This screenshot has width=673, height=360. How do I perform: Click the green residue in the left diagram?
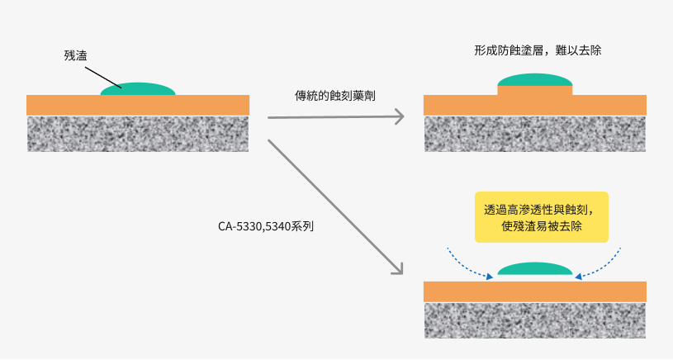click(138, 89)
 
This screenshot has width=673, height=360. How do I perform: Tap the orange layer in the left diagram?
click(138, 105)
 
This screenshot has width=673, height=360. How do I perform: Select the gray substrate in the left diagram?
click(138, 133)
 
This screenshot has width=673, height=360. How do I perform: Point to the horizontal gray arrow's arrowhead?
click(400, 116)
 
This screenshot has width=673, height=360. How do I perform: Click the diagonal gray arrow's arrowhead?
click(397, 268)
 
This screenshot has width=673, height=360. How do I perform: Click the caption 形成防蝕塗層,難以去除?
click(538, 50)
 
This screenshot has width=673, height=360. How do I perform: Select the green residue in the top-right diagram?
click(534, 80)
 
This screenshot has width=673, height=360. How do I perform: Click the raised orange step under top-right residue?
click(534, 91)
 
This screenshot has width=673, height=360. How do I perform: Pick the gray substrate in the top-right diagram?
click(534, 133)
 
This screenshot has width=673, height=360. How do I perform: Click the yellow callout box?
click(542, 217)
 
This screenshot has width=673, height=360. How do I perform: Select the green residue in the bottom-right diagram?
click(534, 269)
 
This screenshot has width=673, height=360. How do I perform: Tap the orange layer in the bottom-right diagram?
click(534, 291)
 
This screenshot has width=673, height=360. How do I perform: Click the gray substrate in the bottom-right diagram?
click(534, 320)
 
